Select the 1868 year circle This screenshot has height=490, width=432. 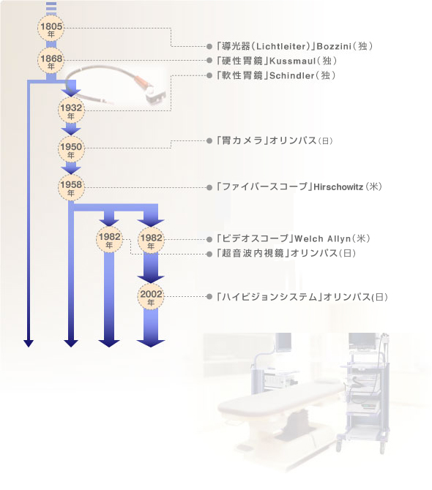51,60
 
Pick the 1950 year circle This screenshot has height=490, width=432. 71,149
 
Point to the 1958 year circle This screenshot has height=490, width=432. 71,187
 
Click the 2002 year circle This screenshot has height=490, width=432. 151,296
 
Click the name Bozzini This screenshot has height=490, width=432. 334,47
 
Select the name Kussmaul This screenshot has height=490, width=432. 292,61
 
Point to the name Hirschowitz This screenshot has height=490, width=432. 338,187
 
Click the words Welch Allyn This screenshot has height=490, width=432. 322,238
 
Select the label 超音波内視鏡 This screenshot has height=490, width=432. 253,253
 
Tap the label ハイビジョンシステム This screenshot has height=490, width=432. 269,297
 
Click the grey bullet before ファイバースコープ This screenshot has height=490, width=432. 209,187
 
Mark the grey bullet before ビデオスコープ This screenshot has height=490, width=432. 209,239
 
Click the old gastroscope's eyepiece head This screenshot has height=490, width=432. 154,94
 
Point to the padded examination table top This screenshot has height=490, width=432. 282,399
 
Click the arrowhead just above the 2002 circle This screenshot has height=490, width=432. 151,279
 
